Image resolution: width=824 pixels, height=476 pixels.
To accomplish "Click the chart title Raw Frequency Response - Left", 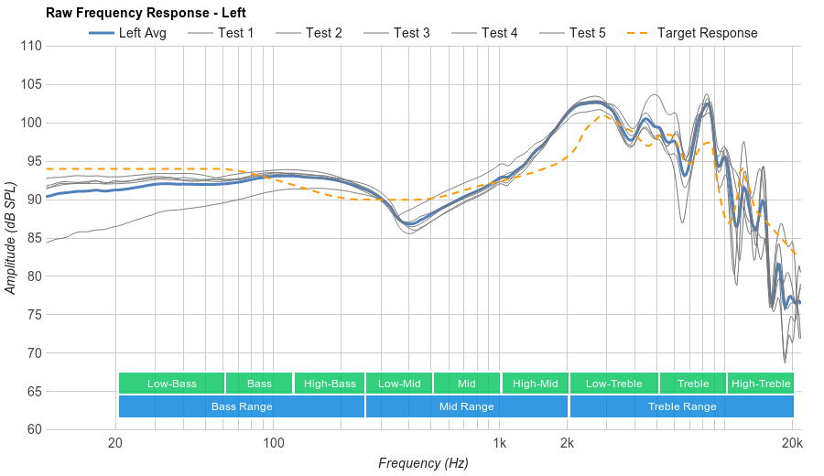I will [146, 13].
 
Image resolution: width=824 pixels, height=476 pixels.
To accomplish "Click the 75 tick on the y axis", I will [34, 314].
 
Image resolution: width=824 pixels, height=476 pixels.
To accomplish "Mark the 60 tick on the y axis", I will [34, 429].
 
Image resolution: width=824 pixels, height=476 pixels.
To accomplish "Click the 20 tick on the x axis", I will [115, 444].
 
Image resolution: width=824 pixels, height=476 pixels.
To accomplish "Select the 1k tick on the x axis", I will [500, 444].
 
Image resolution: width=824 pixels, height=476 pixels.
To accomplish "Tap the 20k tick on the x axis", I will [793, 444].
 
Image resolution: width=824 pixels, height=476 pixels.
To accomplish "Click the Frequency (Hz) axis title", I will [423, 463].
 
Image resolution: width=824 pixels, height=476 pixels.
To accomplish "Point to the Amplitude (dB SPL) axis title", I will [11, 238].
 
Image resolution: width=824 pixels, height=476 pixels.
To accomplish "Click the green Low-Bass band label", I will [171, 384].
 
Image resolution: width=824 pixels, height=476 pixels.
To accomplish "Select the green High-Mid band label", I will [535, 384].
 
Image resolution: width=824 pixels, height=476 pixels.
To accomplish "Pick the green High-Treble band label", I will [761, 384].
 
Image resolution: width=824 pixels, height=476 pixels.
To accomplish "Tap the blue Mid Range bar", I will [467, 406].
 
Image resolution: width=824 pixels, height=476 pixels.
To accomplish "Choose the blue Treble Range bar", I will [682, 406].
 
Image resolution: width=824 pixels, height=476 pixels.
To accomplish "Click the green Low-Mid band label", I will [399, 384].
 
